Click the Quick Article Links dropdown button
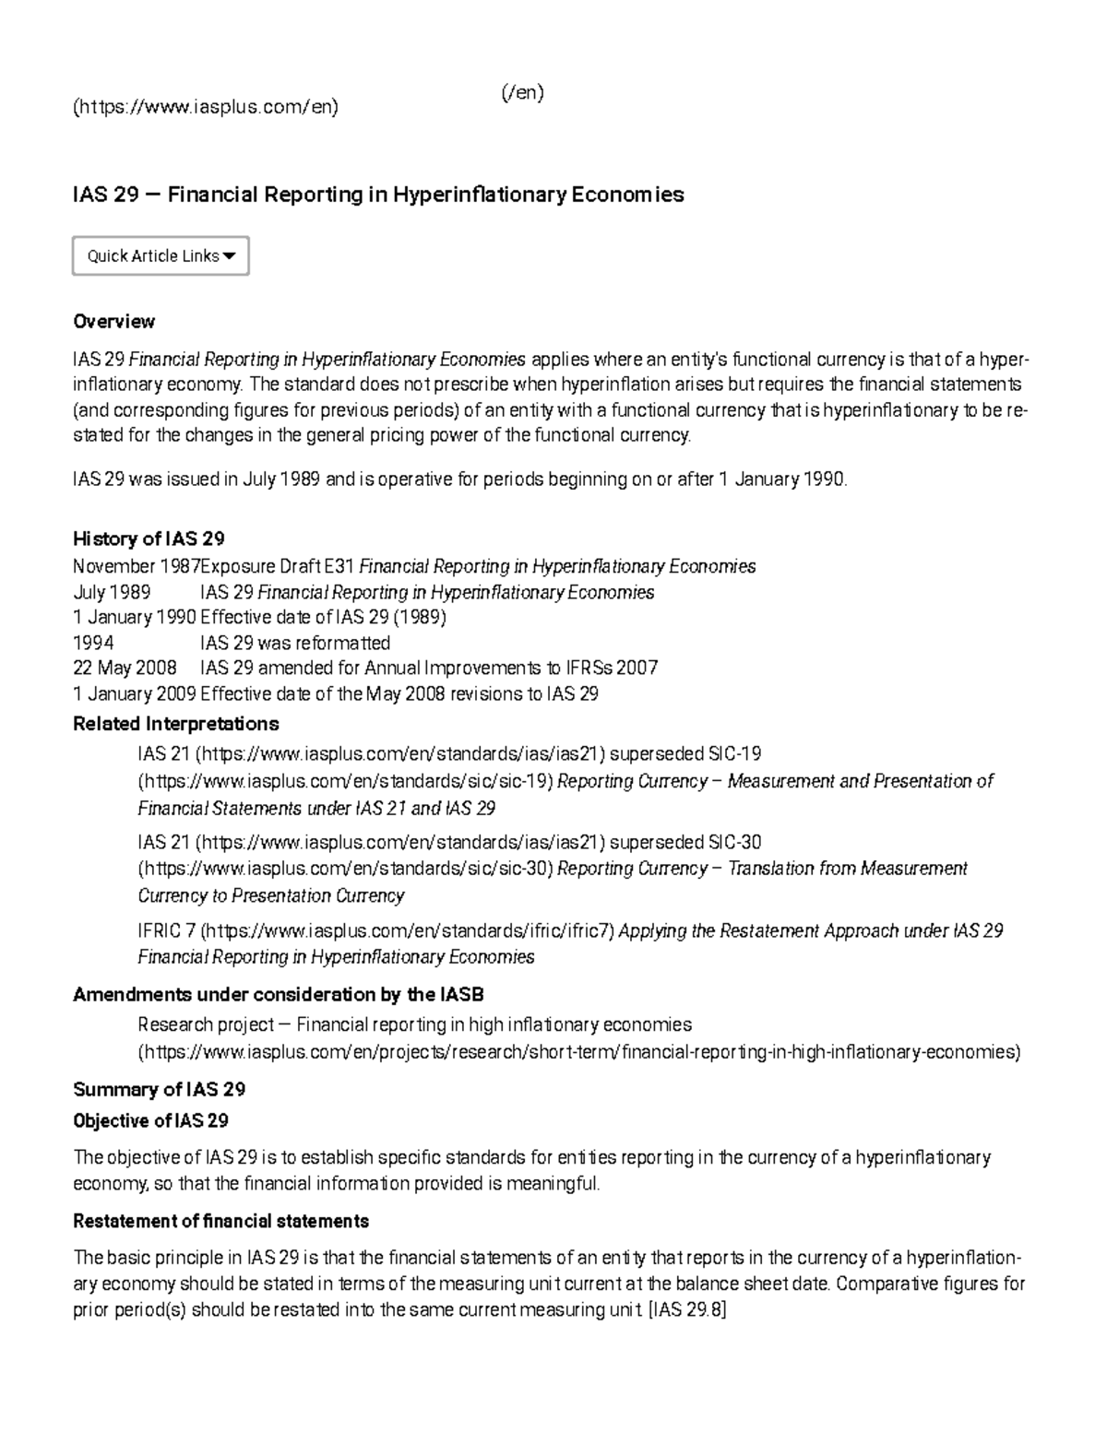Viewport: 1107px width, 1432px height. click(x=161, y=256)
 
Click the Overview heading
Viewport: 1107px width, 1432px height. click(x=113, y=322)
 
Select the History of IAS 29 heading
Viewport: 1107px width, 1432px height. click(x=149, y=538)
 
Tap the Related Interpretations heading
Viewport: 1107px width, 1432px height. click(x=175, y=723)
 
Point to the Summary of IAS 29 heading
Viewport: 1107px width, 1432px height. click(x=159, y=1089)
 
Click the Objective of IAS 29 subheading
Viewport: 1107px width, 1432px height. click(x=150, y=1121)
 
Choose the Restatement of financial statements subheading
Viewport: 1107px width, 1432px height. click(x=220, y=1221)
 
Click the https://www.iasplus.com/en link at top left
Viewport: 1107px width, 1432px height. click(x=206, y=107)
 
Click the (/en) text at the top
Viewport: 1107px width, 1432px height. click(x=522, y=93)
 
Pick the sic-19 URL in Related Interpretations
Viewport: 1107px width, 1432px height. click(x=345, y=782)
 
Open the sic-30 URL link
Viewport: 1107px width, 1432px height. click(x=345, y=869)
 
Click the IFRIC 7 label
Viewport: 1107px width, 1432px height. click(x=165, y=930)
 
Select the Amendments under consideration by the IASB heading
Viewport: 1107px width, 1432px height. click(x=278, y=994)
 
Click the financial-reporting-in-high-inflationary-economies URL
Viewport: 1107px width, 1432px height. click(x=579, y=1052)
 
